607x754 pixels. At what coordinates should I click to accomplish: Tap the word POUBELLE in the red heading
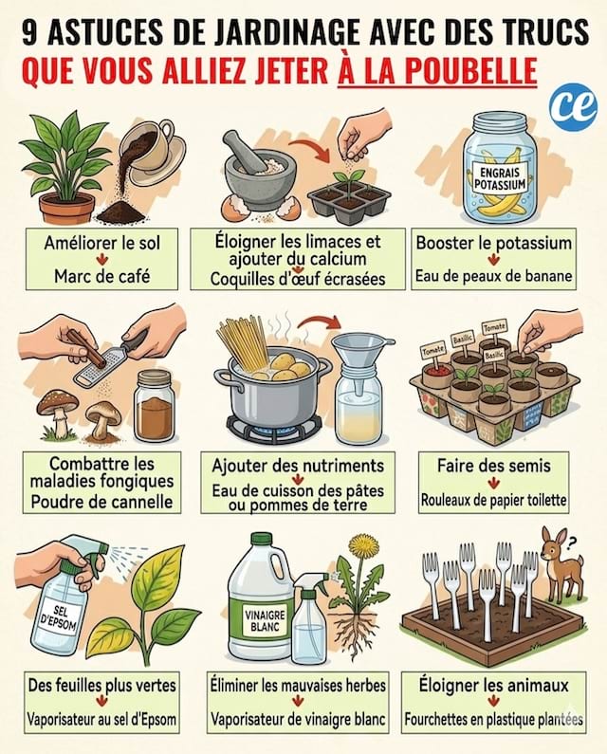pyautogui.click(x=463, y=71)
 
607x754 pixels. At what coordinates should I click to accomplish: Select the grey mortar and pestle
pyautogui.click(x=257, y=166)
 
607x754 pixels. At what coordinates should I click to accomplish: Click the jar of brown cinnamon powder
pyautogui.click(x=154, y=405)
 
